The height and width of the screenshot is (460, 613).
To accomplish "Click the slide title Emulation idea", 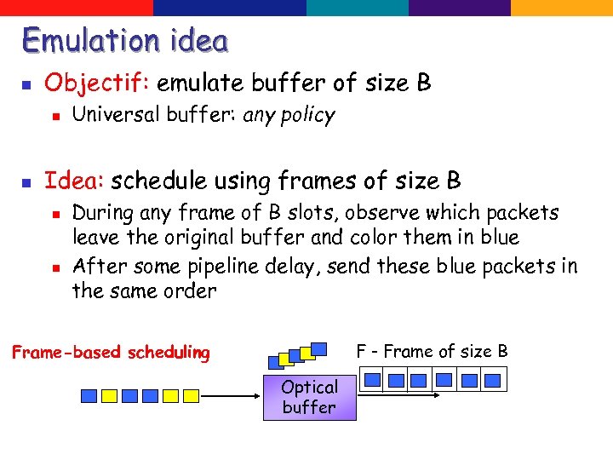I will [125, 40].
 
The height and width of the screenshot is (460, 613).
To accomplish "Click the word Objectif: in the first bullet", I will [97, 83].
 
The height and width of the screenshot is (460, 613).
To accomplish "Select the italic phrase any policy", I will [289, 115].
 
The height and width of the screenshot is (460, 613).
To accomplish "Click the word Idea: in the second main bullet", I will [74, 181].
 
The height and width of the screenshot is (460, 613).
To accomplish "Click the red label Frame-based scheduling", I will [111, 353].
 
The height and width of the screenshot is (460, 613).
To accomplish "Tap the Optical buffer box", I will [309, 397].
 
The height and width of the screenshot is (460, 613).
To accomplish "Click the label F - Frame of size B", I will [432, 351].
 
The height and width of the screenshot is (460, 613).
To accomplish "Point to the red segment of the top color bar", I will [77, 7].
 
